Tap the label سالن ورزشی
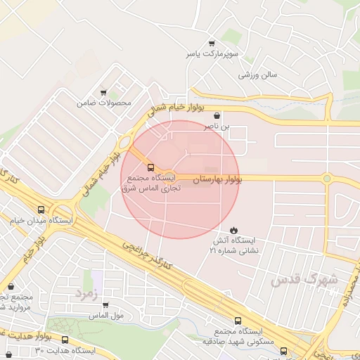click(x=259, y=74)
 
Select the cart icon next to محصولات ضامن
click(x=103, y=92)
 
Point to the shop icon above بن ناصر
click(x=216, y=115)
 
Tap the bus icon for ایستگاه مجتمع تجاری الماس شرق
click(x=151, y=167)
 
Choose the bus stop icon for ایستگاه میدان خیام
click(x=41, y=210)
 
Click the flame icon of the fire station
click(x=233, y=230)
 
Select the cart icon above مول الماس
click(x=105, y=305)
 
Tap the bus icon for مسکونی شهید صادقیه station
click(x=283, y=349)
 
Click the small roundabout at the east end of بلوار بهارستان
click(x=327, y=179)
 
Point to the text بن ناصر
click(x=217, y=127)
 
